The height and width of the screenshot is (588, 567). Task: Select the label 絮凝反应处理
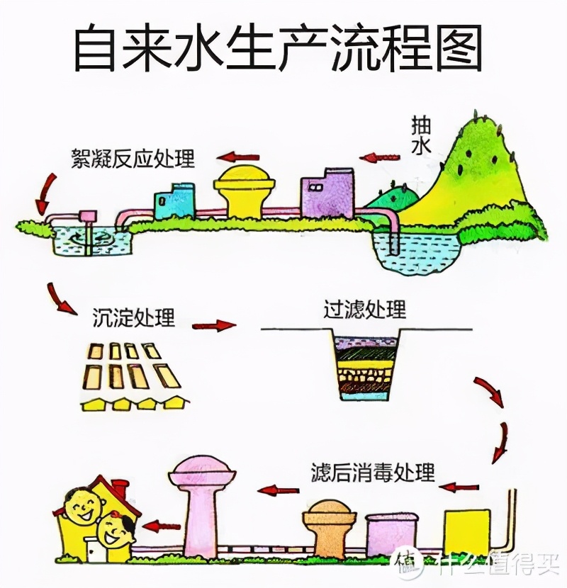(133, 157)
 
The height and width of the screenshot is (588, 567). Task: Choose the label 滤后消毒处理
(373, 472)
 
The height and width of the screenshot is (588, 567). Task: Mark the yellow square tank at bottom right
(467, 532)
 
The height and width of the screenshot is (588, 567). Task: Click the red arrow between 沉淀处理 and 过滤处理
(214, 326)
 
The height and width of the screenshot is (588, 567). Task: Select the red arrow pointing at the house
(163, 526)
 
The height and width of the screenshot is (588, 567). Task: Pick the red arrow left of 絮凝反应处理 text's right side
(238, 156)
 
